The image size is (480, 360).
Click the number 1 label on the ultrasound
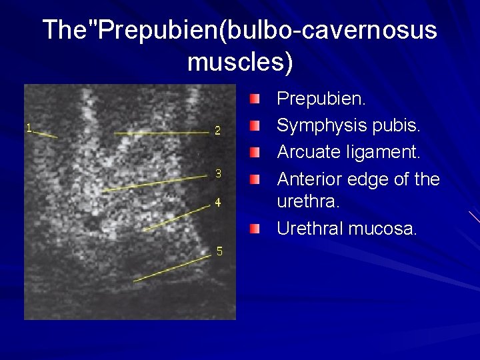click(29, 127)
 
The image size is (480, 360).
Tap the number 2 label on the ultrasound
click(218, 131)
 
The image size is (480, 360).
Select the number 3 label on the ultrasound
click(218, 174)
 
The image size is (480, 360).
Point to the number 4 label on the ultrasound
click(218, 203)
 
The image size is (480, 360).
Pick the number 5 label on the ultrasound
click(219, 251)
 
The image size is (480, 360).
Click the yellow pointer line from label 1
click(46, 134)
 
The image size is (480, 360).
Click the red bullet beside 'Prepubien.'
click(256, 100)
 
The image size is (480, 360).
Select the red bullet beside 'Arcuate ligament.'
click(256, 153)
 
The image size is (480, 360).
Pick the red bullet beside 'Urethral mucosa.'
click(256, 229)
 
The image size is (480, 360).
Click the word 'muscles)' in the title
click(240, 62)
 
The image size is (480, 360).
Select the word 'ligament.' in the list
click(387, 153)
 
